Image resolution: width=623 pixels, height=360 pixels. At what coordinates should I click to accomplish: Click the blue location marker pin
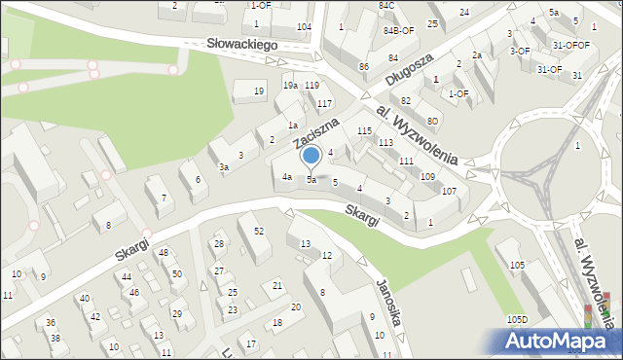(311, 156)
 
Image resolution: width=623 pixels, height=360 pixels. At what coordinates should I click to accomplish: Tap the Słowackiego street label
(243, 45)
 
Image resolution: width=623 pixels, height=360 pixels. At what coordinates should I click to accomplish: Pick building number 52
(258, 231)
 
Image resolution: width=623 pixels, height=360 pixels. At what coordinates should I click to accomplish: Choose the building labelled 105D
(516, 319)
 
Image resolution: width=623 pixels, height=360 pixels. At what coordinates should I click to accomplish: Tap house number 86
(363, 66)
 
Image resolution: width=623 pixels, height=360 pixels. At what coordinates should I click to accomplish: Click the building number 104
(304, 26)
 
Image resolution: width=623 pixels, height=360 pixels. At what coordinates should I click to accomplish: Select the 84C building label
(387, 6)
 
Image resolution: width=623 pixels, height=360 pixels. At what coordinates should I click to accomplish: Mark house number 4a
(287, 177)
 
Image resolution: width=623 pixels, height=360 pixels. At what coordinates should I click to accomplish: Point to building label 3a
(224, 168)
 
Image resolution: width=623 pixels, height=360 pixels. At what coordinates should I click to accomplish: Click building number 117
(324, 103)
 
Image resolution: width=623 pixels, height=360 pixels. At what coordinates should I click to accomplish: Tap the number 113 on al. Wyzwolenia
(385, 142)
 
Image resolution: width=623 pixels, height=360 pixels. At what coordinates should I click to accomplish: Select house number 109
(426, 176)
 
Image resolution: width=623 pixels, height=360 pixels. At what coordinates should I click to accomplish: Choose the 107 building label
(449, 191)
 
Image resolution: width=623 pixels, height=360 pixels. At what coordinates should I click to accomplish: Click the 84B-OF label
(398, 30)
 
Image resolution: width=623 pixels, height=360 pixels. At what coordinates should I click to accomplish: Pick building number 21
(277, 285)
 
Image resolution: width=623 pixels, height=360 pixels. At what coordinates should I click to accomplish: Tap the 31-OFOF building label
(570, 45)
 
